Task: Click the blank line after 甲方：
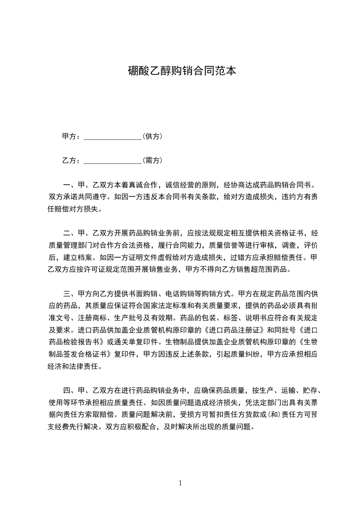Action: (113, 137)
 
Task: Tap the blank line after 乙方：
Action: (113, 161)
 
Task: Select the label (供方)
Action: (153, 136)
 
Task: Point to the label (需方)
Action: (153, 160)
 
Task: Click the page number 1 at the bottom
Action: (180, 483)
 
